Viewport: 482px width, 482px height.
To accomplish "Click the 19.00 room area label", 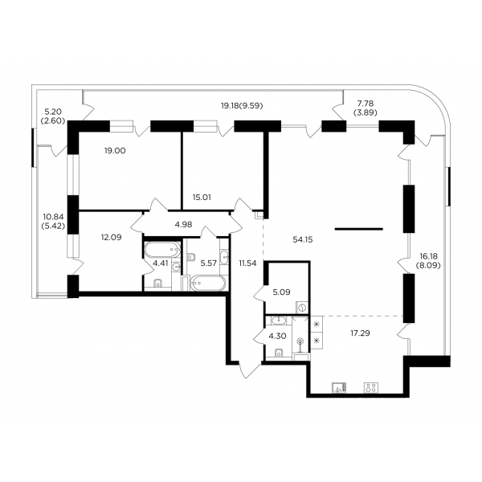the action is tap(115, 151).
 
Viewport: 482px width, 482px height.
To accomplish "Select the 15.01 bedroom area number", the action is tap(202, 198).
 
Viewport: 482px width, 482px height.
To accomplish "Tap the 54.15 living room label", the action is tap(303, 239).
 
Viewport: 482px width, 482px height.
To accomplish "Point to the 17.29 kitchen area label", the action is tap(360, 333).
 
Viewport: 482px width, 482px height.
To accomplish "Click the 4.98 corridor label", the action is tap(183, 224).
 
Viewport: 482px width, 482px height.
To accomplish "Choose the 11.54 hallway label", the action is tap(247, 263).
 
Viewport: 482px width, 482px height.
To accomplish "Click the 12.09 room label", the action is tap(112, 237).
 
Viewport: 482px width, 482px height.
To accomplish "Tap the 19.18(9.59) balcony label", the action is tap(243, 106).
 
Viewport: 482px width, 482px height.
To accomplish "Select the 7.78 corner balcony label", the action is tap(365, 108).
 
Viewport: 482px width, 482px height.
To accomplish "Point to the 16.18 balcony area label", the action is tap(428, 260).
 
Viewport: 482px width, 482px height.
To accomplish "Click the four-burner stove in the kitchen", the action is tap(370, 388).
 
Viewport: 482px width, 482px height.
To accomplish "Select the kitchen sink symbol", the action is tap(339, 388).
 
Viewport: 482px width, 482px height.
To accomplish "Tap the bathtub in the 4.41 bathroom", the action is tap(162, 250).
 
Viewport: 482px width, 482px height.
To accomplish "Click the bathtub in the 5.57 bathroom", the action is tap(208, 283).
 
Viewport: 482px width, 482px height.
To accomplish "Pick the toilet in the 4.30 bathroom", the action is tap(279, 353).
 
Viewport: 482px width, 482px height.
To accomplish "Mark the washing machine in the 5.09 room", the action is tap(302, 308).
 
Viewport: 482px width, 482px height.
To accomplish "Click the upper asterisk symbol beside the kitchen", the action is tap(317, 324).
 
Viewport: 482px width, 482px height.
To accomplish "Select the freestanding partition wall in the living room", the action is tap(359, 229).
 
